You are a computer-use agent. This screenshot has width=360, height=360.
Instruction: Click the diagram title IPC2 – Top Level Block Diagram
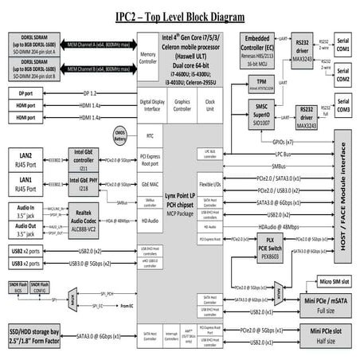(x=180, y=15)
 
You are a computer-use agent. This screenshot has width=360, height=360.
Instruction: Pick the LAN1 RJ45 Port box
(x=29, y=185)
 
